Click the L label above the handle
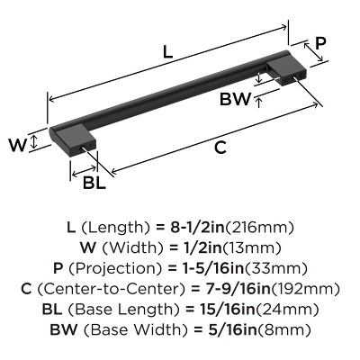[x=167, y=51]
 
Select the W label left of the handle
[x=15, y=143]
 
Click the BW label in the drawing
[x=236, y=100]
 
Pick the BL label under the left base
[x=94, y=184]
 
